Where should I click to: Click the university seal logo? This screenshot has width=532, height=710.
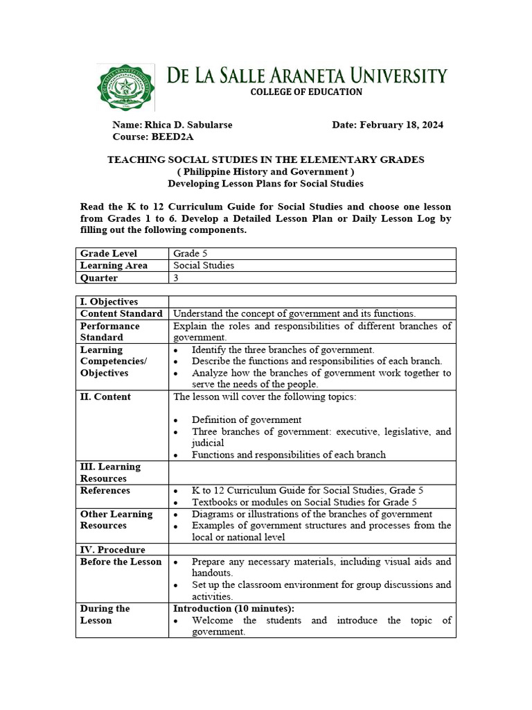tap(125, 87)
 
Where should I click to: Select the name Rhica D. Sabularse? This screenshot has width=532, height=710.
tap(188, 125)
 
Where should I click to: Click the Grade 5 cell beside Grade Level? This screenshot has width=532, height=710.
tap(186, 254)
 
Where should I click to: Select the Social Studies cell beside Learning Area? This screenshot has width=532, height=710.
tap(204, 266)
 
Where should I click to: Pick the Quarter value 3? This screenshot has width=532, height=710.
tap(176, 278)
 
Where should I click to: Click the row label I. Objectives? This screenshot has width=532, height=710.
tap(109, 302)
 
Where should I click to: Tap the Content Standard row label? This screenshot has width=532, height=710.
tap(121, 313)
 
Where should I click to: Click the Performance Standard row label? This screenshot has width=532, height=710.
tap(110, 331)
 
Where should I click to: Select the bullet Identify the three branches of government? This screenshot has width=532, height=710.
tap(283, 349)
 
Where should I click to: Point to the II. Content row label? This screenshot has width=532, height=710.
tap(105, 397)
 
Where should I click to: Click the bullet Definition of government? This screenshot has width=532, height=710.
tap(247, 419)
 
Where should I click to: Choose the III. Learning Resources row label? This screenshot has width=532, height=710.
tap(110, 472)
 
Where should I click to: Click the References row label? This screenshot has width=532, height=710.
tap(105, 490)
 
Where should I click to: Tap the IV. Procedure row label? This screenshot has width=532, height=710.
tap(112, 550)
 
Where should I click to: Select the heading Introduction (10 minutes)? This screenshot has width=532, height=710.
tap(233, 608)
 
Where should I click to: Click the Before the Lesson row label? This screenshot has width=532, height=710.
tap(121, 562)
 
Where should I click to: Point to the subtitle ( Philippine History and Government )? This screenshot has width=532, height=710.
tap(265, 171)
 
